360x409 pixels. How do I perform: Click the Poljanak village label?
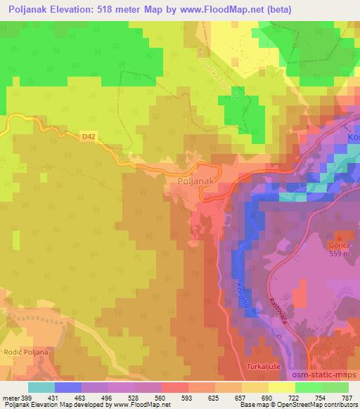[x=191, y=181]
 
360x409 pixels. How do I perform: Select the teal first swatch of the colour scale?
[x=41, y=387]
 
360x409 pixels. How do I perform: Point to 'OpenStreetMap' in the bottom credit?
[x=303, y=405]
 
